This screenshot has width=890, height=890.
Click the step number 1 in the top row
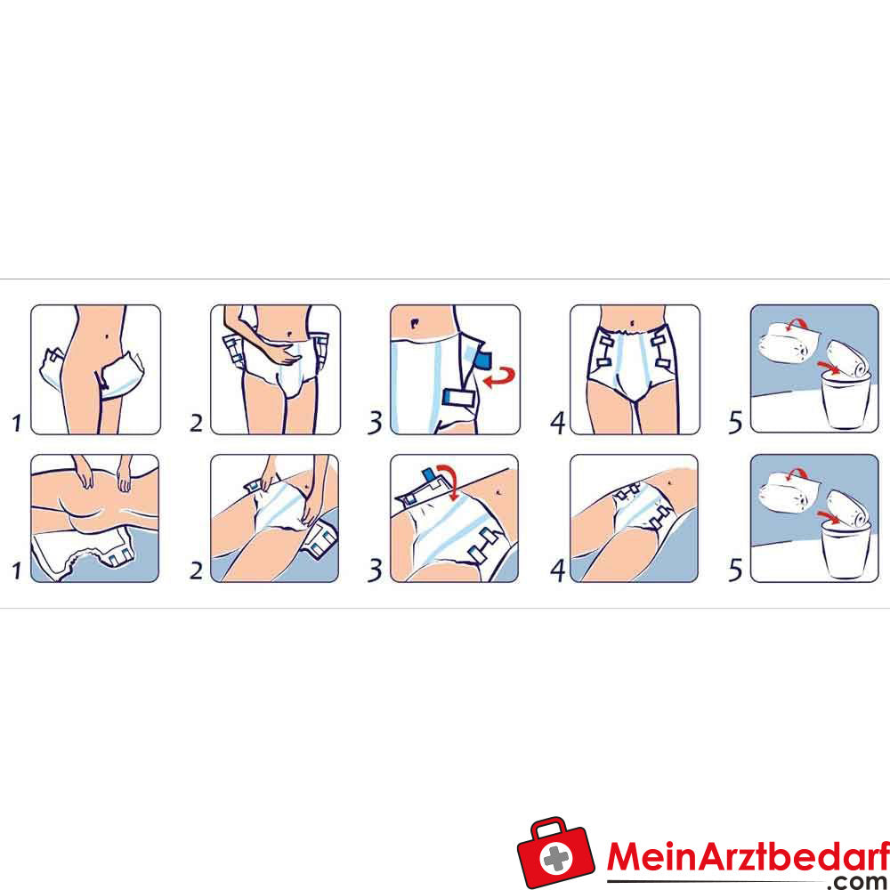tap(16, 422)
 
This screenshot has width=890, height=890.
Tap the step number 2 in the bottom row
tap(196, 570)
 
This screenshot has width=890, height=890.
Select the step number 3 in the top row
tap(375, 422)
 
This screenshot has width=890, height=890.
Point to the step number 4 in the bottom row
tap(558, 570)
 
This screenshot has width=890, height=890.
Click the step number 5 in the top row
tap(735, 422)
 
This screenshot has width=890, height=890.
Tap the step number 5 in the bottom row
tap(735, 570)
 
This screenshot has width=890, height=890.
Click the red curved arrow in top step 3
tap(499, 376)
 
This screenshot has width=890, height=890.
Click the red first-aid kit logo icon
tap(555, 852)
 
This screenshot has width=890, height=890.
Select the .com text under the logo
tap(856, 881)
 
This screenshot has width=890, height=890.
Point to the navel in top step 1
tap(108, 336)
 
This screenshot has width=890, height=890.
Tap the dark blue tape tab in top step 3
tap(483, 360)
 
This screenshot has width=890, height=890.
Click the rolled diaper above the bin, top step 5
tap(847, 360)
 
